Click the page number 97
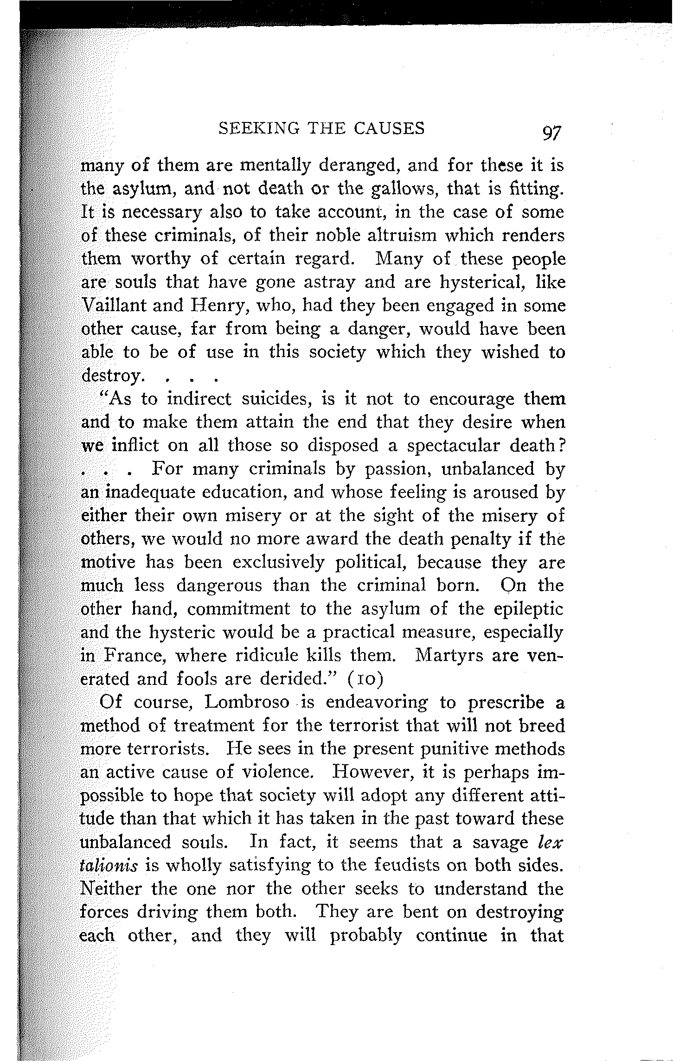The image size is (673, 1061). click(x=551, y=134)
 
